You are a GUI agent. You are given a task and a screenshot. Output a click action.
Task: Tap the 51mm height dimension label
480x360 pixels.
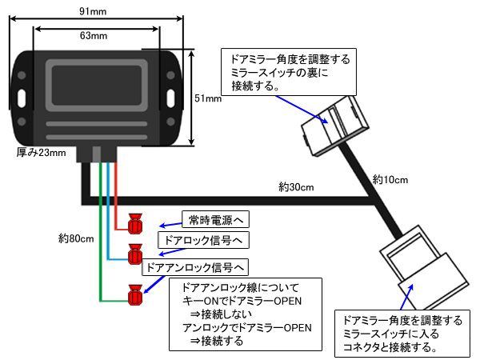click(x=208, y=99)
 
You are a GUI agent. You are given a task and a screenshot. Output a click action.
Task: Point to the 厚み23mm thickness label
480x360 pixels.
click(x=41, y=153)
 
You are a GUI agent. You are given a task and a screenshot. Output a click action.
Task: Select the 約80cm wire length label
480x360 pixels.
click(x=77, y=238)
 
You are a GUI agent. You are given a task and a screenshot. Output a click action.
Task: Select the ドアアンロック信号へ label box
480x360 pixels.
click(x=197, y=266)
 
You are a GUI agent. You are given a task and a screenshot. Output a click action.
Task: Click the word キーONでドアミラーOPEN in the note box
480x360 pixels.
click(x=240, y=300)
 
